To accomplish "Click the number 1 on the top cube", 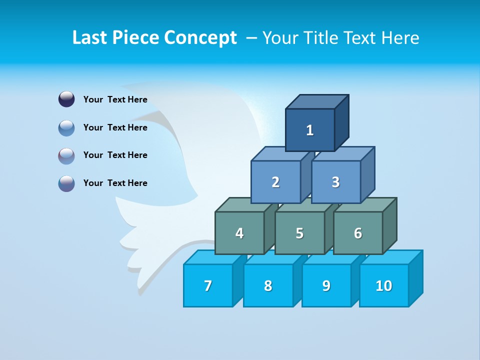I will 310,130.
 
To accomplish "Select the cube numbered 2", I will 275,182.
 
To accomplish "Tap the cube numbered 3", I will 335,182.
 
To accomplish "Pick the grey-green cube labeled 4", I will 239,233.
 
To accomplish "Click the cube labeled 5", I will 299,233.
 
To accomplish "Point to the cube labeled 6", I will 358,233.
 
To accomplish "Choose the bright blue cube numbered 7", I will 208,285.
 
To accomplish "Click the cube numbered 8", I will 268,285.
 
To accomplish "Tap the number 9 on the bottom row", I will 326,285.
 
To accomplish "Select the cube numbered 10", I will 383,285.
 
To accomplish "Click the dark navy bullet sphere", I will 66,99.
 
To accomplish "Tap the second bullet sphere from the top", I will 66,127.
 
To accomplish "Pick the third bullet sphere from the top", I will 66,155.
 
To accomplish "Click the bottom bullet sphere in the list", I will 66,183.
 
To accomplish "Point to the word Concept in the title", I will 200,37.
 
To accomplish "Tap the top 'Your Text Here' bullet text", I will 115,99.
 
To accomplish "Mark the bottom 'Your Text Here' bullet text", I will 115,183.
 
